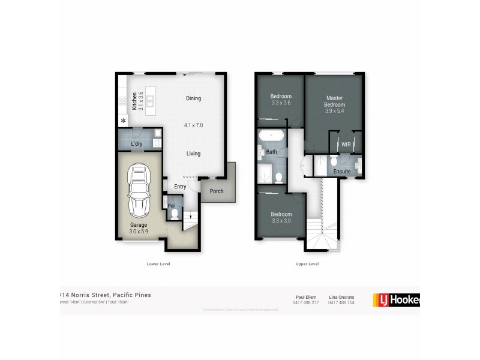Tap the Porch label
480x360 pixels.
(x=216, y=191)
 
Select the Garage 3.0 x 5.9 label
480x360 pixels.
(x=139, y=227)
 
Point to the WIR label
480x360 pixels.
(x=346, y=145)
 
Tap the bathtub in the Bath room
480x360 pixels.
(x=271, y=136)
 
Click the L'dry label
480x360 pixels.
(x=136, y=145)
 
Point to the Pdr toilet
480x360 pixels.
(x=175, y=212)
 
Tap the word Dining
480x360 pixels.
(x=193, y=98)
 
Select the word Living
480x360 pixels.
(x=193, y=154)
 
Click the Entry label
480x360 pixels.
(x=180, y=187)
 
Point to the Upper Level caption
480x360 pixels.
(x=306, y=264)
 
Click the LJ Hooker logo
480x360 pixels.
(x=396, y=299)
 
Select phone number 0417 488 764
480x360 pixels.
(x=341, y=302)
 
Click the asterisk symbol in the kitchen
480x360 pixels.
(x=124, y=122)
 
